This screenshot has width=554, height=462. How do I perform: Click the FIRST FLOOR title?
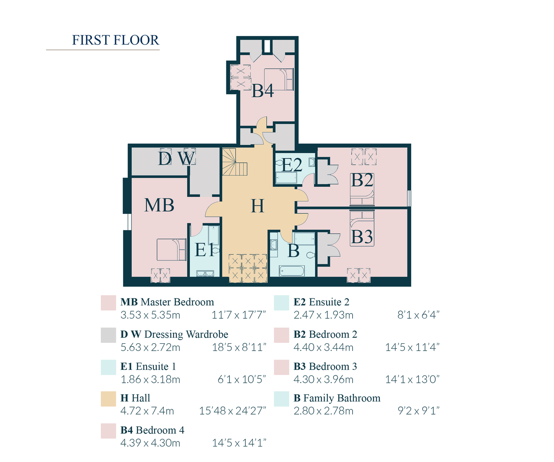point(115,40)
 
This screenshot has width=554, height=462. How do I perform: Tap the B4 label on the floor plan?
point(263,91)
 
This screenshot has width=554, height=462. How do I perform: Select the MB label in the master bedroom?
point(159,205)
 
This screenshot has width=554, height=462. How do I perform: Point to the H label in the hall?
point(257,206)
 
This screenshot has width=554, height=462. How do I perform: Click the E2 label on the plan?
point(292,165)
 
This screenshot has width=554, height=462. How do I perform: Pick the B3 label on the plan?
point(362,237)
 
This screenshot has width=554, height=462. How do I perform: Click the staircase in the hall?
point(234,162)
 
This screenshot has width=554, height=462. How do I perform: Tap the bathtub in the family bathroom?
point(292,271)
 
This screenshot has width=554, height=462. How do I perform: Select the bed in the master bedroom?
point(171,249)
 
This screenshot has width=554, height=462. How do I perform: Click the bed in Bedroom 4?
point(279,79)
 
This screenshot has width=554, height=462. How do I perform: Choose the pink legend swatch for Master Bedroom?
point(108,303)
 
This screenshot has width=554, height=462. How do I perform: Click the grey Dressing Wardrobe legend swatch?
point(108,335)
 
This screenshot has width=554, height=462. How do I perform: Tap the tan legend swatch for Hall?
point(108,399)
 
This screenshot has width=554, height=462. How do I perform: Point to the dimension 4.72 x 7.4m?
point(147,411)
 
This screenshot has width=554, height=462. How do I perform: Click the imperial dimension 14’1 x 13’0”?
point(412,379)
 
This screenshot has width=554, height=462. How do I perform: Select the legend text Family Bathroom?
point(342,398)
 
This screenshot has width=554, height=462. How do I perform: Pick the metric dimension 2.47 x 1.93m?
point(323,315)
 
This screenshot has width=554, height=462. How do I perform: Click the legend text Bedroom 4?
point(160,430)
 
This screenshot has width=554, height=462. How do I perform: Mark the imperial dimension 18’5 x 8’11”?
point(239,347)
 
